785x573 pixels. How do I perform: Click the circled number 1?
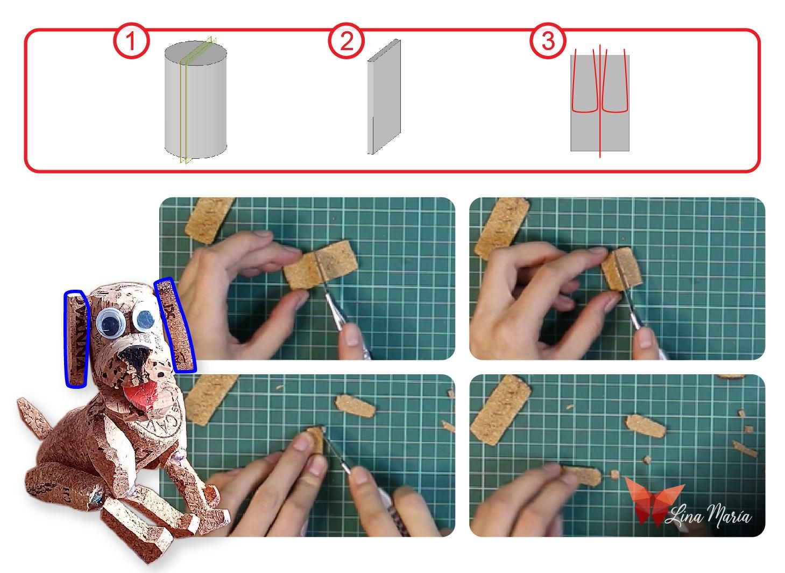[131, 41]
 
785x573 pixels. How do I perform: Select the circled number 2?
[346, 41]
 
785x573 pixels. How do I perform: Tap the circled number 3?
[548, 41]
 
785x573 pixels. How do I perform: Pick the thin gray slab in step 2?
[384, 97]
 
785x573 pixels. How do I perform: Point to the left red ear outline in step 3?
[584, 81]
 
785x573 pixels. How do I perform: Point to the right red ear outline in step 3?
[616, 81]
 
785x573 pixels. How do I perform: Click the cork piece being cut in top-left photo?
[319, 266]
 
